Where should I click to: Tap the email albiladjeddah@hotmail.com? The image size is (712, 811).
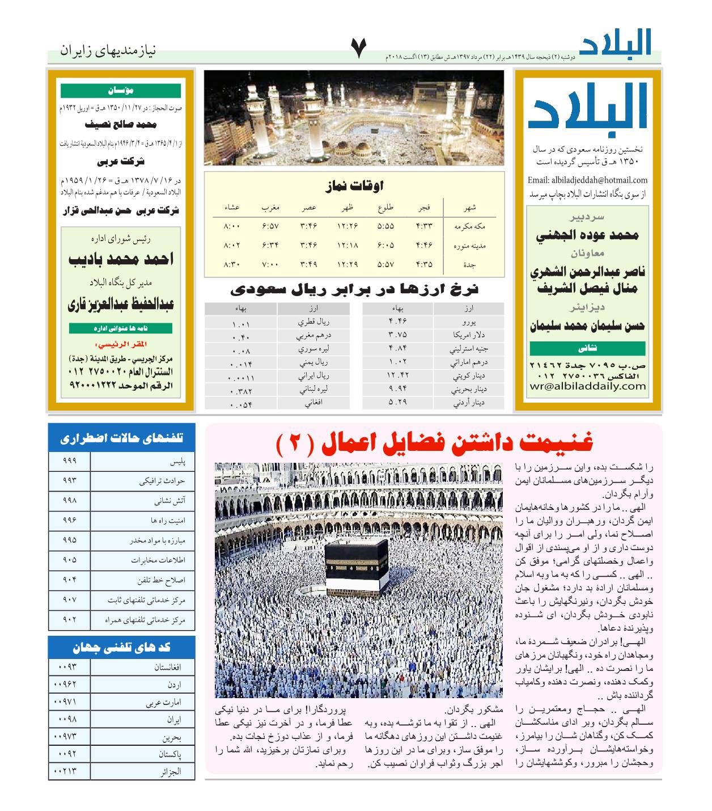[587, 180]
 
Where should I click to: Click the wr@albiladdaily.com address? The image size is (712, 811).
[587, 386]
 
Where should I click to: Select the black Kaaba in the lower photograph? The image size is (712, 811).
[356, 565]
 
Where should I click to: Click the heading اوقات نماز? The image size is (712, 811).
[355, 185]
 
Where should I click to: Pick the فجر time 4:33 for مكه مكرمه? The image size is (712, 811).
[423, 226]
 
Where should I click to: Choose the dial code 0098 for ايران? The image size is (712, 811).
[69, 719]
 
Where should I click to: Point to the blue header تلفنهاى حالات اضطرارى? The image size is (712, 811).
[121, 438]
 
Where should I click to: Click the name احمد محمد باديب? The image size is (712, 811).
[121, 259]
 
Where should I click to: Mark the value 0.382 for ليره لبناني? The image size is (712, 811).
[241, 391]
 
